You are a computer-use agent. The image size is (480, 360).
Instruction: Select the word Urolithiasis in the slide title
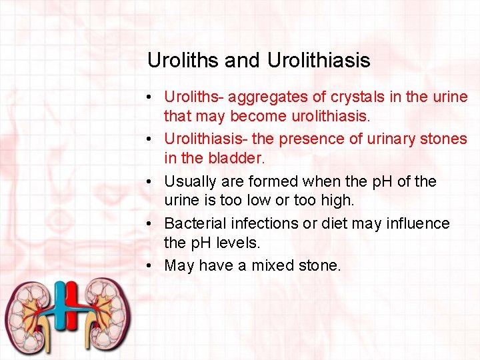(x=318, y=61)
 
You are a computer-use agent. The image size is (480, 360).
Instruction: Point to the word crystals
(x=351, y=97)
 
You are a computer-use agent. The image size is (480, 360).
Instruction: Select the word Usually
(x=190, y=181)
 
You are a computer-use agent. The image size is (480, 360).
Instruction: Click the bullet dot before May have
(x=153, y=265)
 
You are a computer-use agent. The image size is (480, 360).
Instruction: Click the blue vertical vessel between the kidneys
(x=61, y=313)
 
